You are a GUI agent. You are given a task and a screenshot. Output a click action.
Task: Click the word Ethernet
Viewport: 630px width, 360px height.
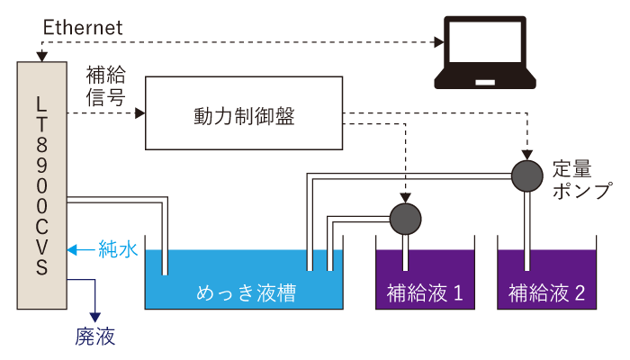point(83,28)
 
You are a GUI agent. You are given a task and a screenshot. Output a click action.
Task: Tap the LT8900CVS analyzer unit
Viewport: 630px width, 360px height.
point(42,184)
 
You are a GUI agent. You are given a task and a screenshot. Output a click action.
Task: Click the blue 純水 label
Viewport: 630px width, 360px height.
point(118,249)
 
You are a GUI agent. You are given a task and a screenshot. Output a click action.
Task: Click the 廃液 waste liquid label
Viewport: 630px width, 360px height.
point(95,337)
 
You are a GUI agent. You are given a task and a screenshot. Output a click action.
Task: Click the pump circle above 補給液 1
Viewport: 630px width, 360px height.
point(406,217)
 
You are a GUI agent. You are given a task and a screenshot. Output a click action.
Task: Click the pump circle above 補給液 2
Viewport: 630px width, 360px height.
point(527,175)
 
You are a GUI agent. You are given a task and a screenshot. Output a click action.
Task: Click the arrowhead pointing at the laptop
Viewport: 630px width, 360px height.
point(440,41)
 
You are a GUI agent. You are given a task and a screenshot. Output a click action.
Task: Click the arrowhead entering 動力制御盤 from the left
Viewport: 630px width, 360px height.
point(139,113)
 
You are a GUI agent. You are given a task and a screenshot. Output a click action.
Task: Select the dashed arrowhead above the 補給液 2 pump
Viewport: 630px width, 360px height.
point(527,154)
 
